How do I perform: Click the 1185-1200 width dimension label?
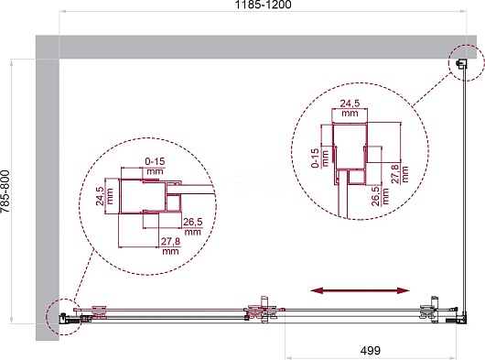[263, 5]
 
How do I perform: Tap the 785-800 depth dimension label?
[5, 191]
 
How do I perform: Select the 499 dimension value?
[371, 351]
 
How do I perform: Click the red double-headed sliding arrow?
[360, 290]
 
